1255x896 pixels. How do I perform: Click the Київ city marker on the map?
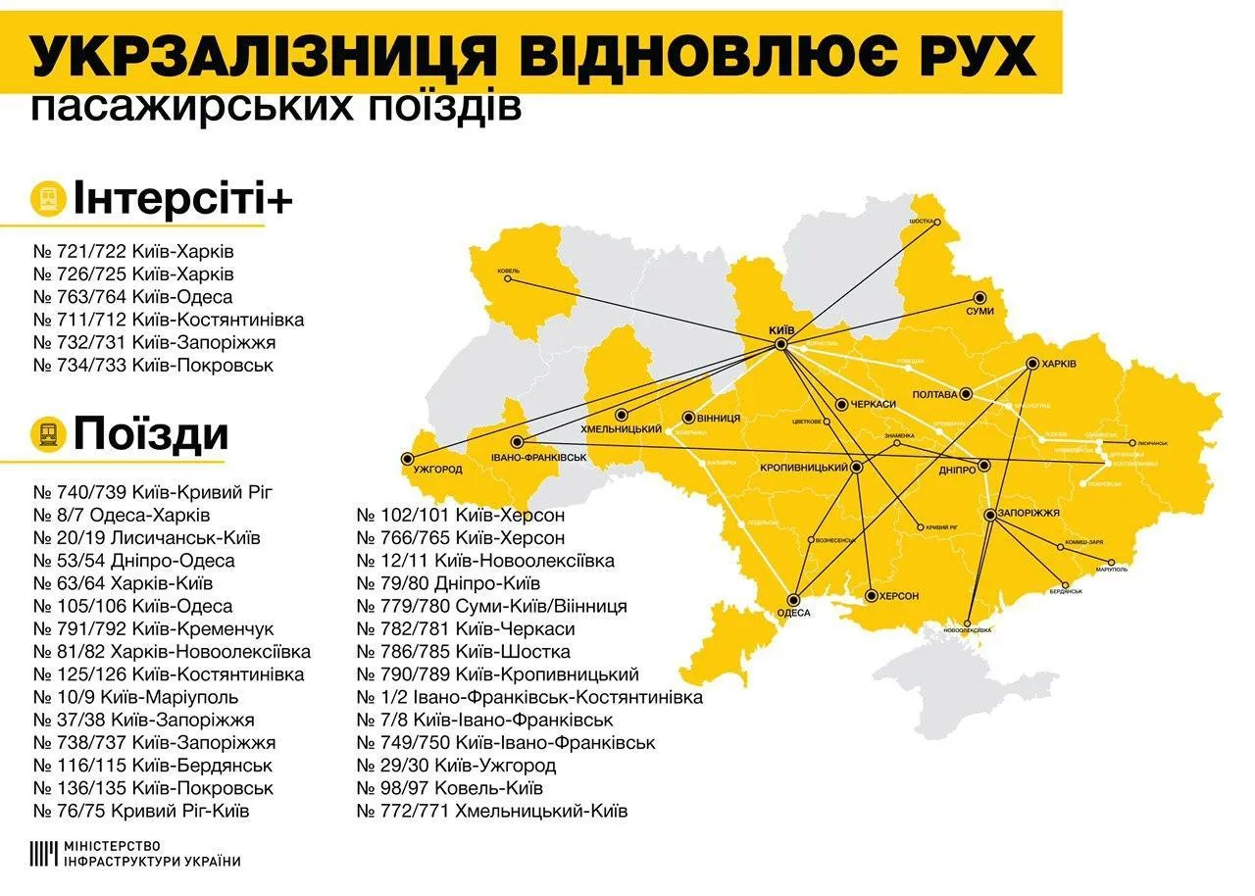pyautogui.click(x=780, y=345)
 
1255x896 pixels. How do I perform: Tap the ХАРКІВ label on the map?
pyautogui.click(x=1059, y=364)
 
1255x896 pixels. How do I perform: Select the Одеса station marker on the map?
pyautogui.click(x=793, y=600)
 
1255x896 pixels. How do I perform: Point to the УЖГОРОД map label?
pyautogui.click(x=437, y=470)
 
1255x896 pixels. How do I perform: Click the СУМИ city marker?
pyautogui.click(x=979, y=297)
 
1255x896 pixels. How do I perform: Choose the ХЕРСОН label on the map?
pyautogui.click(x=898, y=596)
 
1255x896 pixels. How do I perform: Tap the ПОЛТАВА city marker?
pyautogui.click(x=966, y=394)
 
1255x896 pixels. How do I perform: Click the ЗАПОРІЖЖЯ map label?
pyautogui.click(x=1030, y=513)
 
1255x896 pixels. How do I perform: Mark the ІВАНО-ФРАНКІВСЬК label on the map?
pyautogui.click(x=538, y=458)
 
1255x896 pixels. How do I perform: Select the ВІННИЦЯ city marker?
pyautogui.click(x=688, y=418)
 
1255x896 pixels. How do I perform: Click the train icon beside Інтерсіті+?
pyautogui.click(x=46, y=198)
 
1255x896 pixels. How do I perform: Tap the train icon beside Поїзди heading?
pyautogui.click(x=46, y=432)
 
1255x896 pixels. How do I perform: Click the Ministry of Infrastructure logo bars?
pyautogui.click(x=43, y=854)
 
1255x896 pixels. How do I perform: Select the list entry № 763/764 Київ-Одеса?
pyautogui.click(x=132, y=297)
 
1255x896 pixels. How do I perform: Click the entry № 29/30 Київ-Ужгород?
pyautogui.click(x=456, y=766)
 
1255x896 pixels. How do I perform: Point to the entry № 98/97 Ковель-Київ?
pyautogui.click(x=449, y=788)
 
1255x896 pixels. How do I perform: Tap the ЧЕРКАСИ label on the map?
pyautogui.click(x=874, y=404)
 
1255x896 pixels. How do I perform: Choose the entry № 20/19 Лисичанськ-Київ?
pyautogui.click(x=146, y=538)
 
